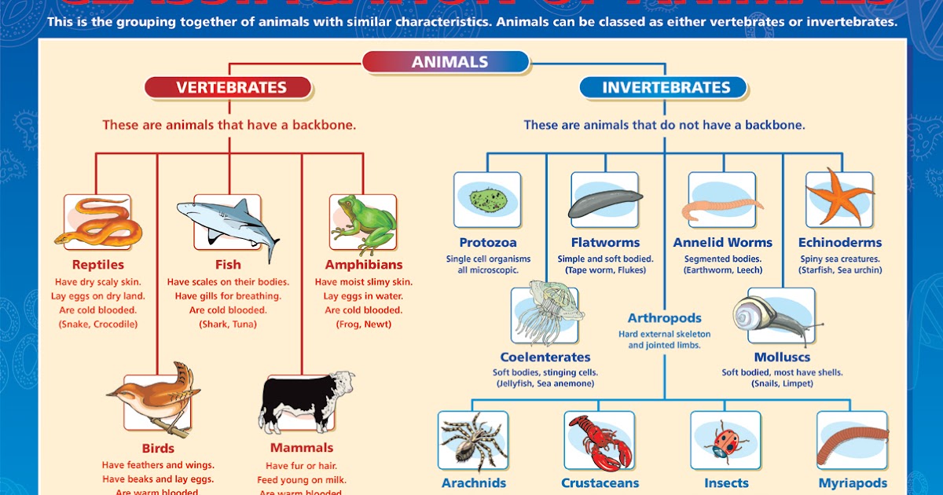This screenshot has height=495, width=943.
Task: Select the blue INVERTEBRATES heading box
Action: pos(666,87)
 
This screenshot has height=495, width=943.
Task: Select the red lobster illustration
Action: pos(600,441)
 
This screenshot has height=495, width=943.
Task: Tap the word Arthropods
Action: pos(664,318)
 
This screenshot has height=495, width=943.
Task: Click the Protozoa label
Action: pos(488,243)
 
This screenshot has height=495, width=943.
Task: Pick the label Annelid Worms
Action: pos(722,243)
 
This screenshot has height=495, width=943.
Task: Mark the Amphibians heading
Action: pos(363,265)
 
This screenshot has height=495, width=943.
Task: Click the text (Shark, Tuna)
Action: pos(228,324)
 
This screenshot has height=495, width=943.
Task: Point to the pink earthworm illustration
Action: pos(721,208)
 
